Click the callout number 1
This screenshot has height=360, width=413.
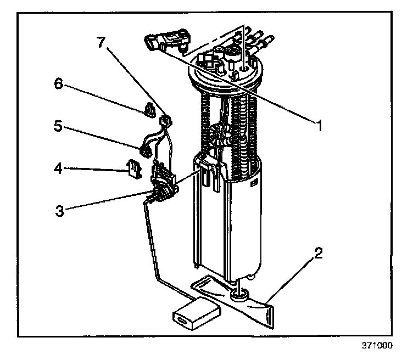(317, 124)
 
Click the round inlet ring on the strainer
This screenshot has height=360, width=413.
(238, 296)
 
